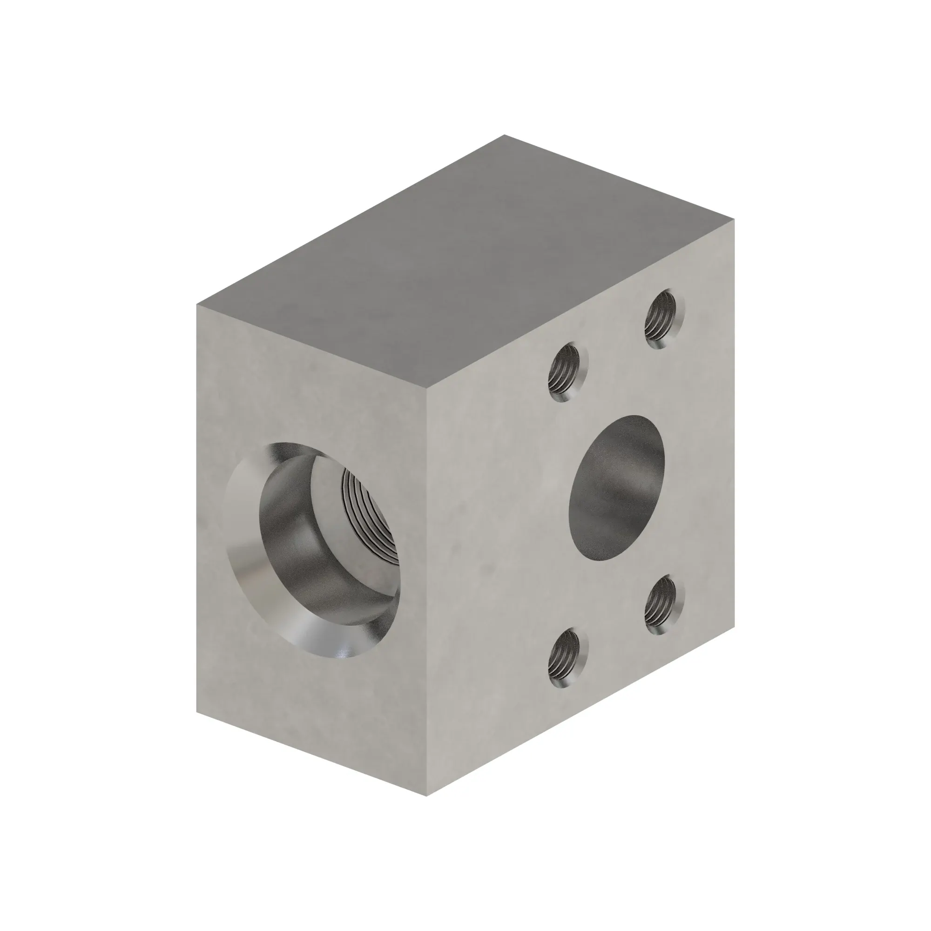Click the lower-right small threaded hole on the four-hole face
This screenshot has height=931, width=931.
[x=664, y=605]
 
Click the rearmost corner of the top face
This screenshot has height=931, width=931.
[x=504, y=135]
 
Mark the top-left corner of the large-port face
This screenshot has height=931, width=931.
[x=197, y=304]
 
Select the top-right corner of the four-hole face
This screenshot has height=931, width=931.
[x=735, y=218]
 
